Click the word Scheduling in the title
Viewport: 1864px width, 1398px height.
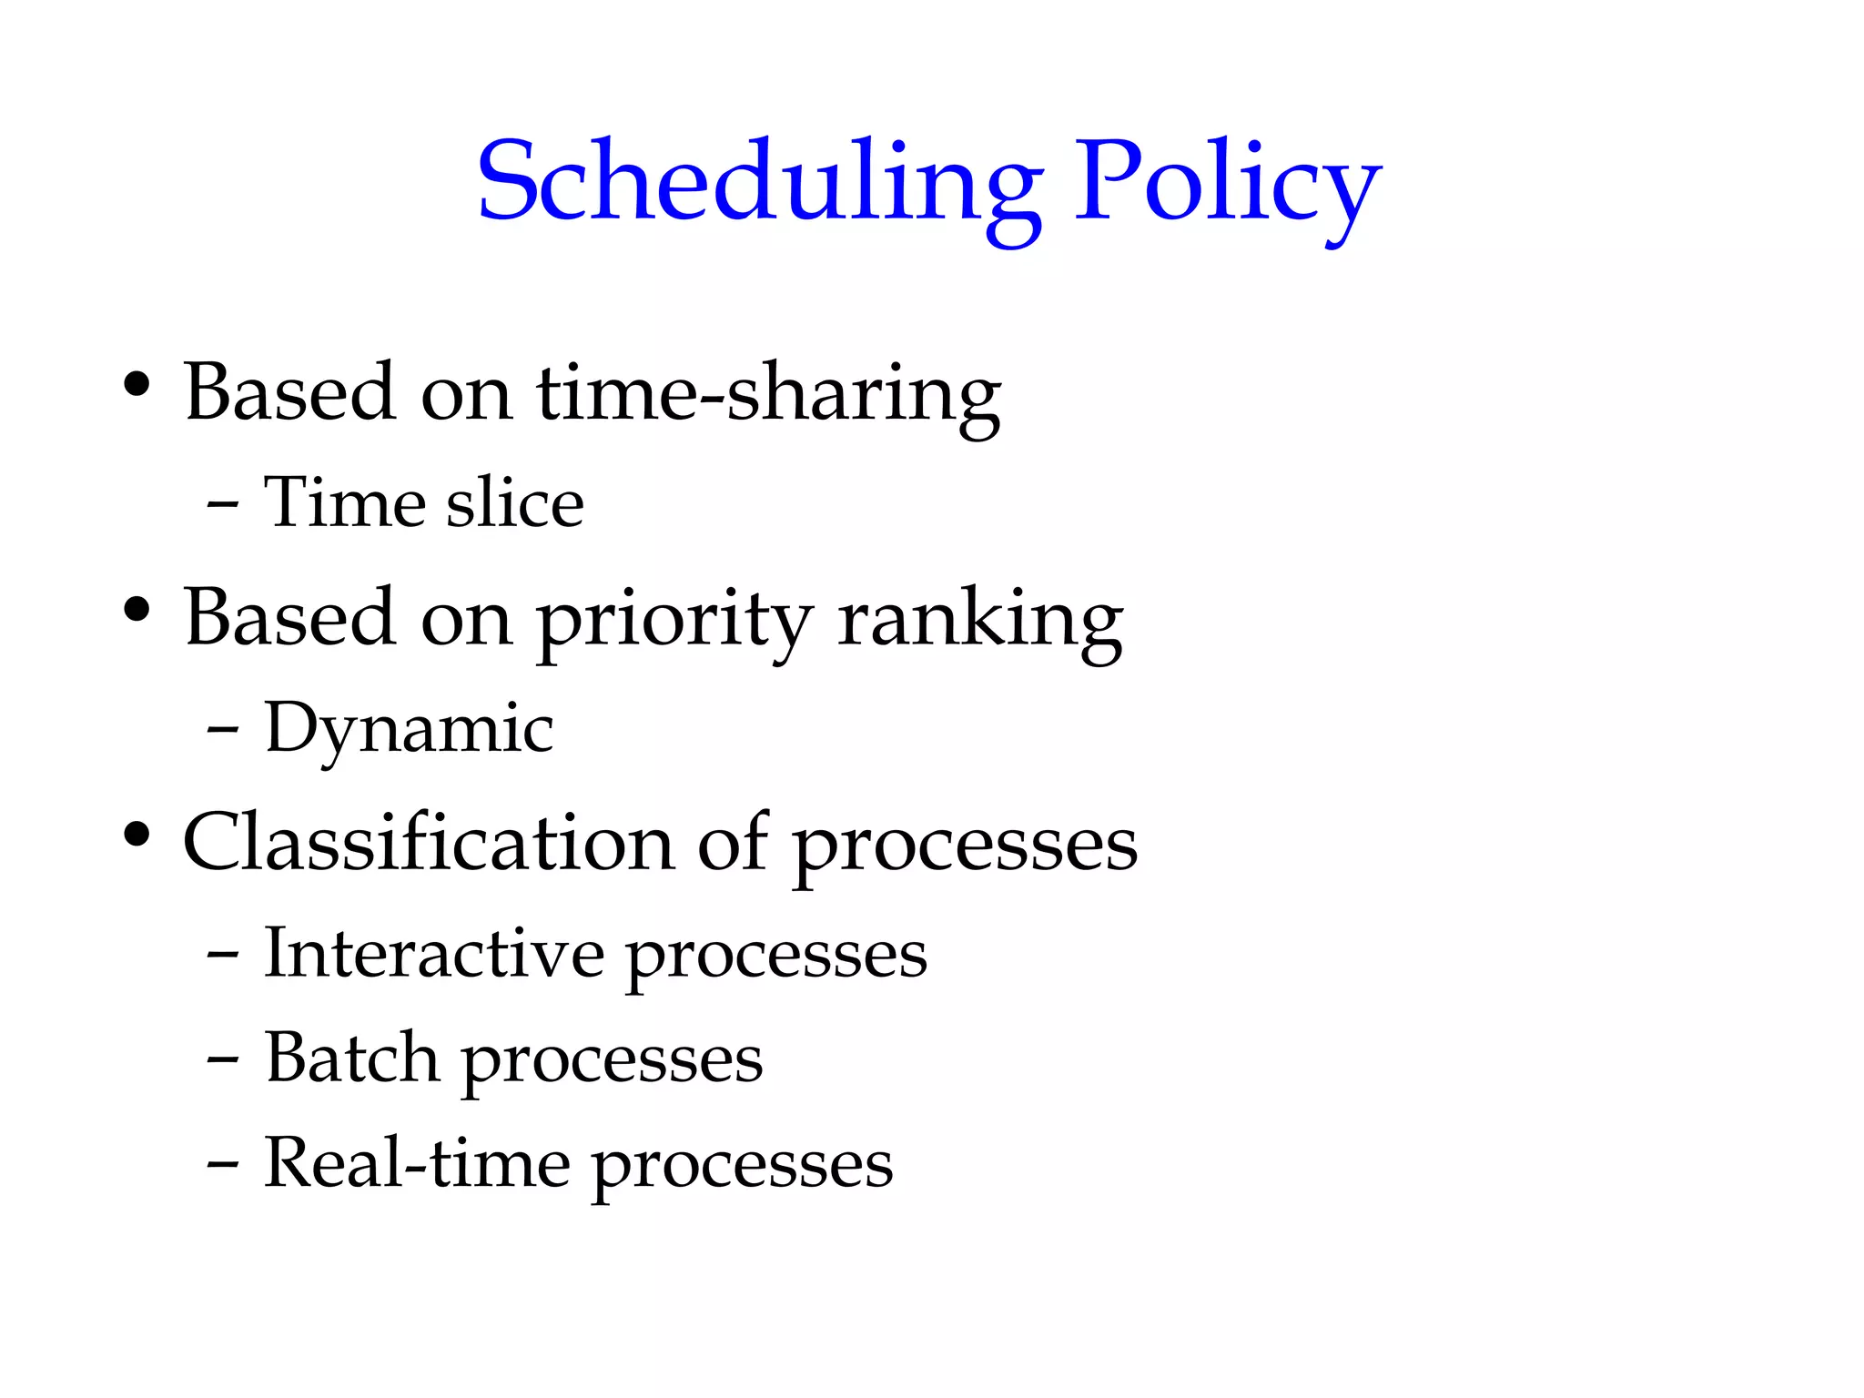pyautogui.click(x=760, y=182)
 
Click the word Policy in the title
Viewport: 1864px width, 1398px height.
pyautogui.click(x=1228, y=182)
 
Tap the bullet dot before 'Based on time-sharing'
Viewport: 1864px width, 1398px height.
pyautogui.click(x=137, y=385)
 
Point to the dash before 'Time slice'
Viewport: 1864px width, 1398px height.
pyautogui.click(x=223, y=503)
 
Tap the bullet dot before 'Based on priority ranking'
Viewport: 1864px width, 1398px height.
pyautogui.click(x=137, y=610)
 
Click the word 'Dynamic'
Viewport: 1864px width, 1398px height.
pyautogui.click(x=409, y=729)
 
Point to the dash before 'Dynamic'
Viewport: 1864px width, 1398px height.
pyautogui.click(x=223, y=729)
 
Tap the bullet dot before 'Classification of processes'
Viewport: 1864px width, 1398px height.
pyautogui.click(x=137, y=835)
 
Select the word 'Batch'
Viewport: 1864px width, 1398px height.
pyautogui.click(x=352, y=1059)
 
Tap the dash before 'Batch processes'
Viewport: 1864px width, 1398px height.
pyautogui.click(x=223, y=1060)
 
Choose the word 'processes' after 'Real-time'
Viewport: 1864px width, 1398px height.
pyautogui.click(x=743, y=1167)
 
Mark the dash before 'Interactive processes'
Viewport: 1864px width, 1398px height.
pyautogui.click(x=223, y=956)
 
